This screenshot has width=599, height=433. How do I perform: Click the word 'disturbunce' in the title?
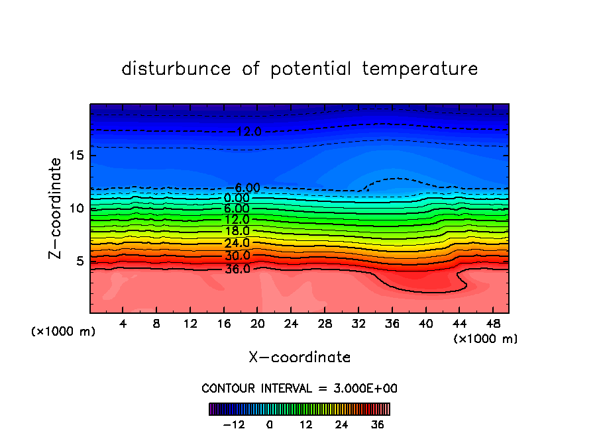pos(176,69)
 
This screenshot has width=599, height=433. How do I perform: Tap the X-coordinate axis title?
pos(299,358)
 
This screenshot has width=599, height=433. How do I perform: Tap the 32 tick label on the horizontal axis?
pos(358,324)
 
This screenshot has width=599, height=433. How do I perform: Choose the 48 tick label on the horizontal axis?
pos(493,324)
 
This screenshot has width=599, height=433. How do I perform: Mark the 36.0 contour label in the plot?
pos(237,269)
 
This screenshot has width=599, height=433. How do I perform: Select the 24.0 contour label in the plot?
pos(237,243)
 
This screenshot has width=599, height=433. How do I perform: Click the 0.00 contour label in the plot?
pos(237,198)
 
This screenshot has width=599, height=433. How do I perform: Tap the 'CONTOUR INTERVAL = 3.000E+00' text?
pos(299,388)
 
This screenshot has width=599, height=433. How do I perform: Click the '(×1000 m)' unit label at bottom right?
pos(485,338)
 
